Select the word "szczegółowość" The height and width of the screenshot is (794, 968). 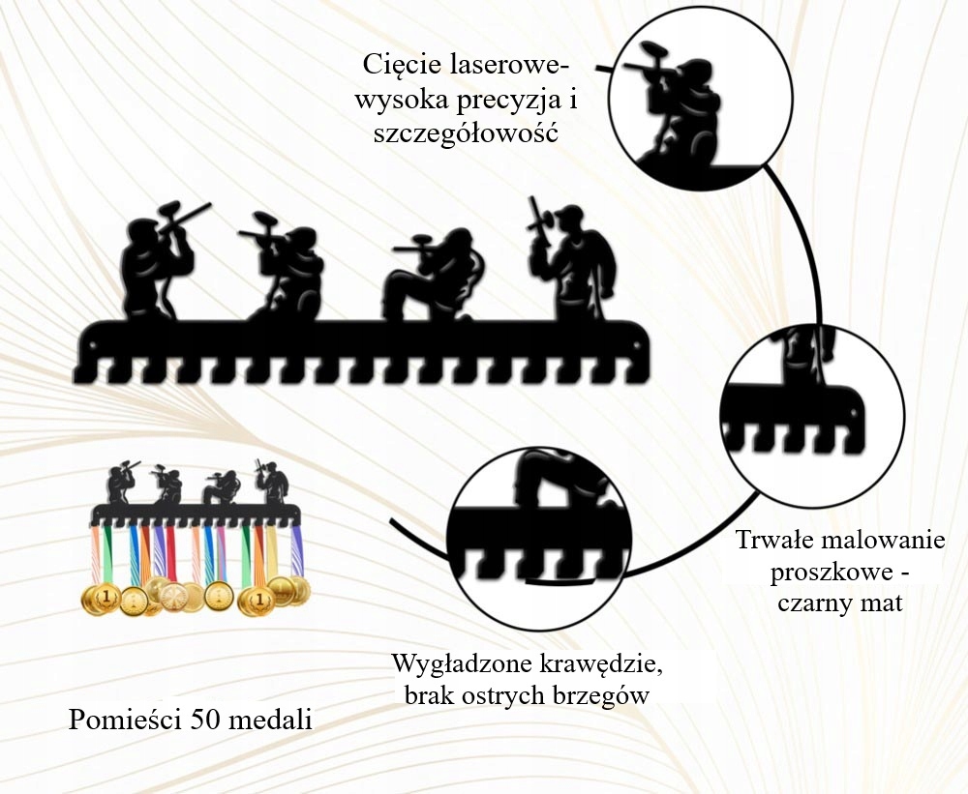coord(467,133)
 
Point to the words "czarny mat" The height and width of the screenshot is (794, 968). coord(839,604)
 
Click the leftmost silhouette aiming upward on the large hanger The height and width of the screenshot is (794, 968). coord(156,261)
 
